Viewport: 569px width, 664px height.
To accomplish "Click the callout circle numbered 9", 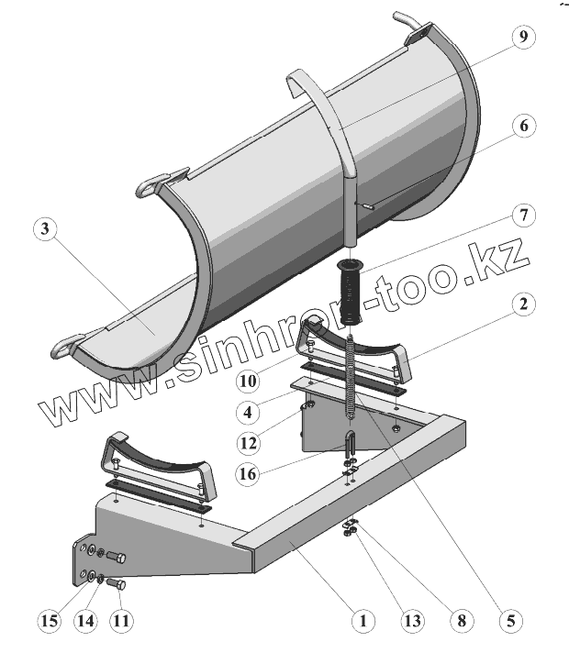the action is (x=521, y=39).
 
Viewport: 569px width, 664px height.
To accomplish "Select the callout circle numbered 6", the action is (x=521, y=127).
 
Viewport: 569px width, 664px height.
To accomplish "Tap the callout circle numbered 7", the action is (x=521, y=216).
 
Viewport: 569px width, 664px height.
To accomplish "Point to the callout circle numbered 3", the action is (x=43, y=229).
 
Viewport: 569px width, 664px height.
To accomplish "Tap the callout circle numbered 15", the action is (x=50, y=621).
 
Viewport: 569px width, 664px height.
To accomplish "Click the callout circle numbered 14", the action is (x=86, y=621).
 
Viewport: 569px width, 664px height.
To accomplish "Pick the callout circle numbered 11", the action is (x=121, y=621).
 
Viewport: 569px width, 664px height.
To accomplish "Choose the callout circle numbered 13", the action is (x=412, y=621).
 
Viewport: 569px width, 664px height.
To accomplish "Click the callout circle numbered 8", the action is (x=461, y=621).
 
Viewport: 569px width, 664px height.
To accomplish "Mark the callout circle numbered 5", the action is (x=508, y=621).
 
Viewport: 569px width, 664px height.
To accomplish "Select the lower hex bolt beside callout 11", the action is (x=117, y=583).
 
